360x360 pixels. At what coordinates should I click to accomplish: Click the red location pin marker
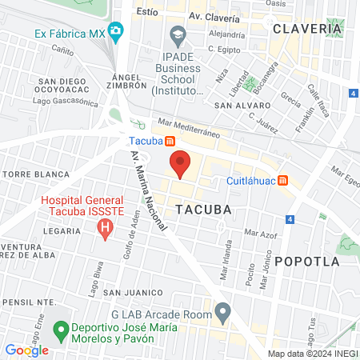[180, 163]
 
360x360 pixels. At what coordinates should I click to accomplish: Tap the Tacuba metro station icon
[170, 142]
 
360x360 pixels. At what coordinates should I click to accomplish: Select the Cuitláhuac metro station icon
[282, 180]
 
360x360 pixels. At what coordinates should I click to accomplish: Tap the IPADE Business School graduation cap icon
[178, 34]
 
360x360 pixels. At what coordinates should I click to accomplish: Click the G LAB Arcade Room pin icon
[223, 310]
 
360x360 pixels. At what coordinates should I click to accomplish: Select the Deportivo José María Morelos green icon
[59, 329]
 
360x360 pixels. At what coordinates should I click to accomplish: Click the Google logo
[26, 350]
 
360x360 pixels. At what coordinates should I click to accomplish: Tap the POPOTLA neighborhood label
[306, 262]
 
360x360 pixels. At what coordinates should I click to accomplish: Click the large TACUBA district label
[202, 209]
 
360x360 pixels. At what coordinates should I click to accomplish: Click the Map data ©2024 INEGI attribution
[312, 354]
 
